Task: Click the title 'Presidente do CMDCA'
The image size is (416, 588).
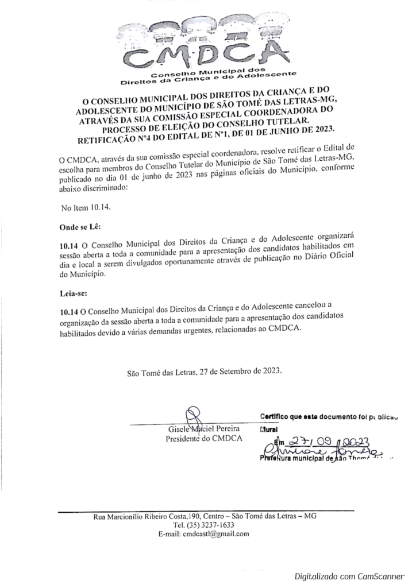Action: coord(203,439)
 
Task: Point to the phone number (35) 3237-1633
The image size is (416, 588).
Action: coord(203,525)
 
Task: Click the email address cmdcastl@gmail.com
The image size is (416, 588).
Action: coord(204,534)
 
